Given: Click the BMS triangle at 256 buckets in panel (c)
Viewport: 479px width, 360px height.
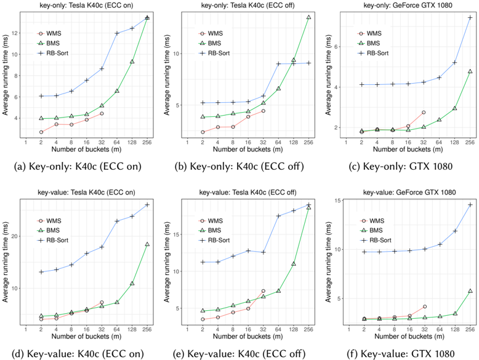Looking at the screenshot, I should click(x=470, y=71).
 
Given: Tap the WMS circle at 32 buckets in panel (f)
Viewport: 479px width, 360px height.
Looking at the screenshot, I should click(x=424, y=306).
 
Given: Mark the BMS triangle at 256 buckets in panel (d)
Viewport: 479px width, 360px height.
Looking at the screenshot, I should click(x=147, y=244).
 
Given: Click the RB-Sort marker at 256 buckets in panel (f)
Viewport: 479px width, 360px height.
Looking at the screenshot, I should click(x=470, y=205).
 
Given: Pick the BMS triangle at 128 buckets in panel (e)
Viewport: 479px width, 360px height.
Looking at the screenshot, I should click(x=294, y=263).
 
